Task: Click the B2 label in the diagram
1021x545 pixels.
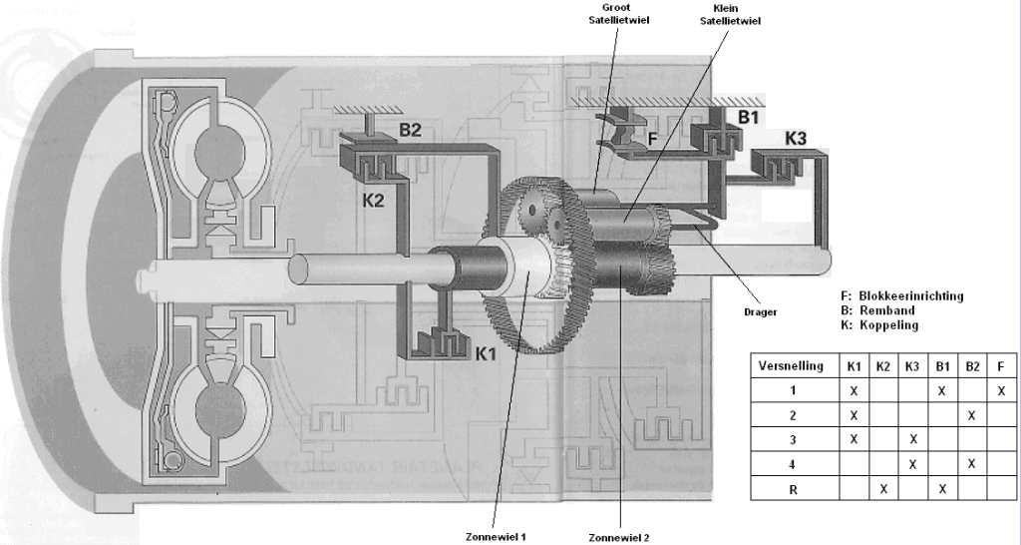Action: click(411, 130)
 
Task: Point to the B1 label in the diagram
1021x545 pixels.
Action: click(749, 117)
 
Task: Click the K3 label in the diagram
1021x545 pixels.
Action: click(796, 138)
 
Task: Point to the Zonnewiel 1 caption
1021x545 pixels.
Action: click(495, 536)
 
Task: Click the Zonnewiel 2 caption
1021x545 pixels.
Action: click(619, 538)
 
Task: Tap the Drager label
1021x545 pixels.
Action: click(761, 311)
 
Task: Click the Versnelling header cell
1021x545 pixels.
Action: click(792, 365)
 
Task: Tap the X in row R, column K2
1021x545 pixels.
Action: click(883, 489)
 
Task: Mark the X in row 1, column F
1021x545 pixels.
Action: click(999, 390)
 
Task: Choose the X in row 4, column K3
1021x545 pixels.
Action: click(912, 464)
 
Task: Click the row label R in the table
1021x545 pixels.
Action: click(792, 489)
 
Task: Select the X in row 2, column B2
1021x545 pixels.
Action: click(970, 414)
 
